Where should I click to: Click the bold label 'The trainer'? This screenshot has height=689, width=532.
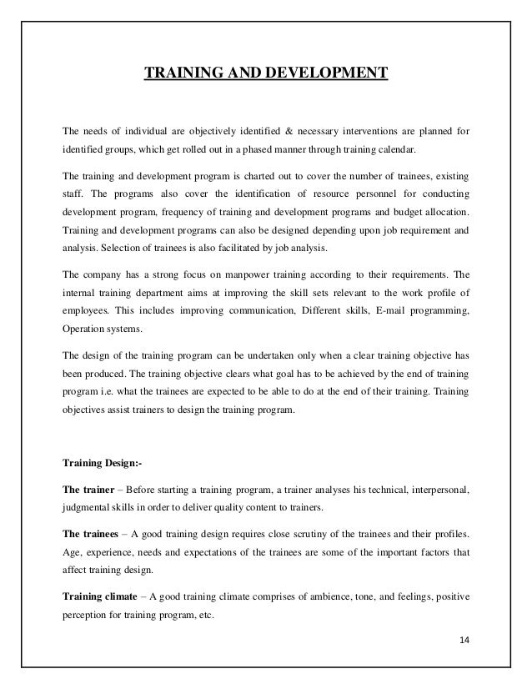tap(88, 489)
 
